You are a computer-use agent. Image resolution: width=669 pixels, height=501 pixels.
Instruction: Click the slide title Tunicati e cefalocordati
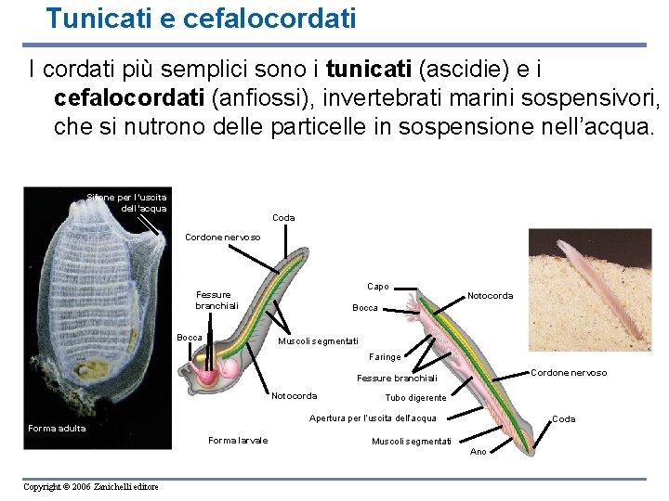[x=201, y=18]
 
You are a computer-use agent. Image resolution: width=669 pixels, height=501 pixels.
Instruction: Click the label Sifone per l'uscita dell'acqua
[x=126, y=202]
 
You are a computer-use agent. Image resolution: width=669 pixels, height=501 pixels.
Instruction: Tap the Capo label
[x=378, y=287]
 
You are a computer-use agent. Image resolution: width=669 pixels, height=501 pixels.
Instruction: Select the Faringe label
[x=385, y=356]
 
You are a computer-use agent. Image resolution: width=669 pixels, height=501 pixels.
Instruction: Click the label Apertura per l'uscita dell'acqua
[x=373, y=418]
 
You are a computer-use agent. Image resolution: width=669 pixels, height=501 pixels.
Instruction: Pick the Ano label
[x=478, y=452]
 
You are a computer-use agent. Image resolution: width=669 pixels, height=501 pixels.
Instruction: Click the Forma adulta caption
[x=57, y=428]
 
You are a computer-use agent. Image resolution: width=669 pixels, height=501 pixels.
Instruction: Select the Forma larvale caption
[x=238, y=440]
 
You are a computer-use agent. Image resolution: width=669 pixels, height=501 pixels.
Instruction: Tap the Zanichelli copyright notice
[x=92, y=487]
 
